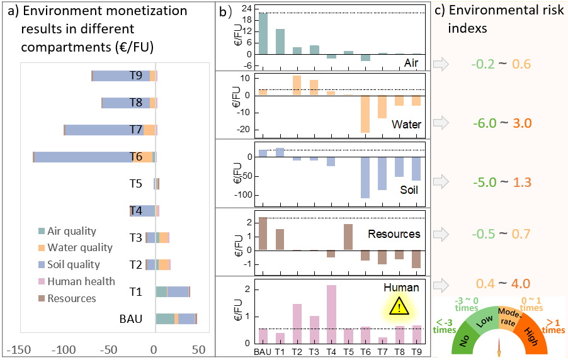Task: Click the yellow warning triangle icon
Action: point(398,307)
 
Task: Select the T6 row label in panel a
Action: point(135,157)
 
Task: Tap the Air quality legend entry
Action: point(71,232)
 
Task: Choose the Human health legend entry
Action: point(81,281)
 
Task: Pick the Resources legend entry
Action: point(71,298)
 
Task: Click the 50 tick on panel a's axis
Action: point(198,349)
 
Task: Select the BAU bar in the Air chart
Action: point(263,33)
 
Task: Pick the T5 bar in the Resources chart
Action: point(348,237)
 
